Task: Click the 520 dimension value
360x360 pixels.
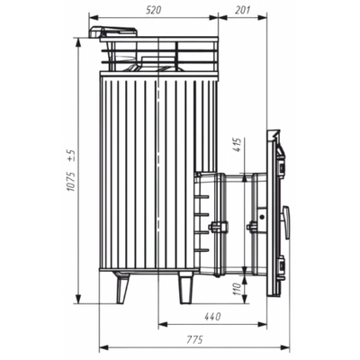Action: tap(153, 10)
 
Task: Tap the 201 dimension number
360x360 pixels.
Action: tap(242, 10)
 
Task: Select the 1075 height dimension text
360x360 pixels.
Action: tap(70, 182)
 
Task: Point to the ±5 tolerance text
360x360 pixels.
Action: tap(70, 155)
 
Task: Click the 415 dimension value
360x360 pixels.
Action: tap(238, 145)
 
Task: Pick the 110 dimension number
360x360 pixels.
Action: tap(238, 289)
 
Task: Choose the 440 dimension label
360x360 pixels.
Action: tap(212, 316)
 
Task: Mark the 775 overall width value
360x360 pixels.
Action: tap(194, 340)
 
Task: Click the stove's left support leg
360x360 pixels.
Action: tap(122, 288)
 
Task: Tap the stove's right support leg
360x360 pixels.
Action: tap(184, 288)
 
